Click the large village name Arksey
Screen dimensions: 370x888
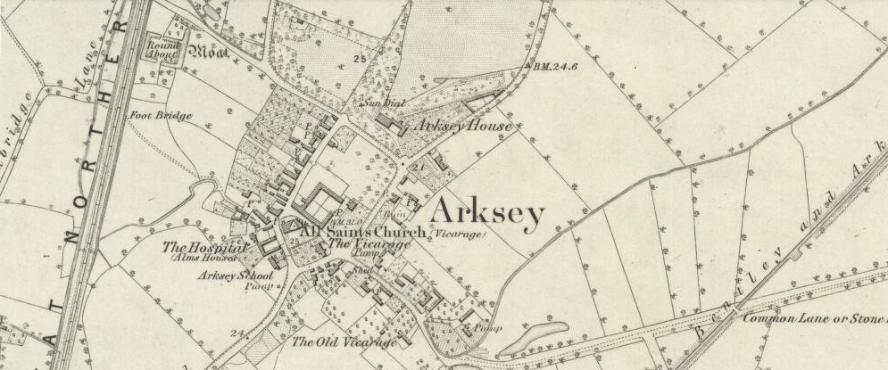(486, 212)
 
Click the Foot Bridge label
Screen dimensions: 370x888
(161, 114)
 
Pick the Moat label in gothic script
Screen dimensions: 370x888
(212, 53)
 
